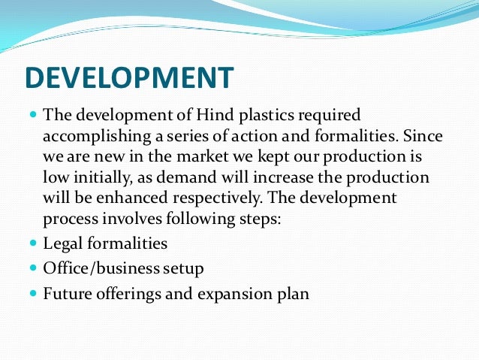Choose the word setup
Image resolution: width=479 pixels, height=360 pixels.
coord(182,268)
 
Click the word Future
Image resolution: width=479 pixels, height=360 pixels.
coord(68,293)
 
